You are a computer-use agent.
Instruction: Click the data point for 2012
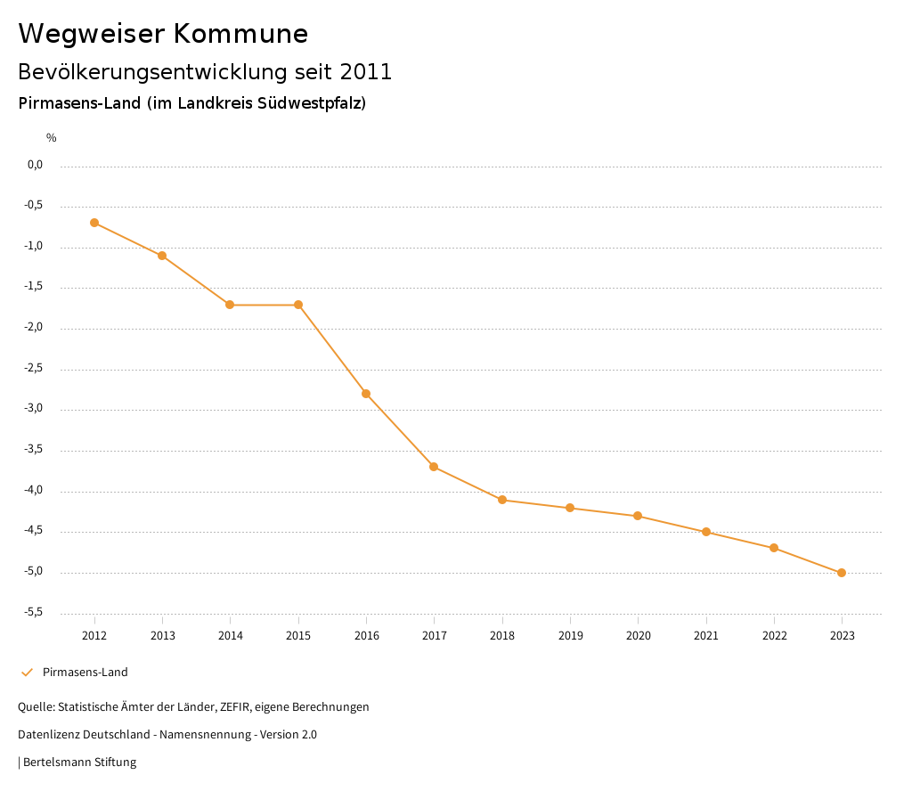[x=94, y=223]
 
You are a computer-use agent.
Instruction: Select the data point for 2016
[x=366, y=394]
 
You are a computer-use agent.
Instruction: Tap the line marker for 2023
[x=842, y=573]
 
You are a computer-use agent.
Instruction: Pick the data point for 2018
[x=502, y=500]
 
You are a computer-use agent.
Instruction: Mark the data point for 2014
[x=230, y=305]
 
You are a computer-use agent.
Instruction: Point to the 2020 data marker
[x=638, y=516]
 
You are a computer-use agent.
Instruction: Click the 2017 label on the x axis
[x=435, y=636]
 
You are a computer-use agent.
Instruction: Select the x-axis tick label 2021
[x=706, y=636]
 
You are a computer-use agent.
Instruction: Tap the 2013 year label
[x=162, y=636]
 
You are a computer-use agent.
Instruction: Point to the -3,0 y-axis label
[x=35, y=410]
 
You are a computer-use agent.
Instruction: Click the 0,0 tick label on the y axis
[x=36, y=165]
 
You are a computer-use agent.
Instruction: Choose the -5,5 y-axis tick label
[x=35, y=613]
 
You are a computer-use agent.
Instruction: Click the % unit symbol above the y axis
[x=52, y=138]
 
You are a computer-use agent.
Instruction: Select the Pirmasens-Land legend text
[x=85, y=673]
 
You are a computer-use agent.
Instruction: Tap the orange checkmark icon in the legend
[x=27, y=673]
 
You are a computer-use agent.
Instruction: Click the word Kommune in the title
[x=240, y=34]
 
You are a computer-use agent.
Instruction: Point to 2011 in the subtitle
[x=366, y=72]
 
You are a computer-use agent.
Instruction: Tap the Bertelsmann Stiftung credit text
[x=79, y=762]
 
